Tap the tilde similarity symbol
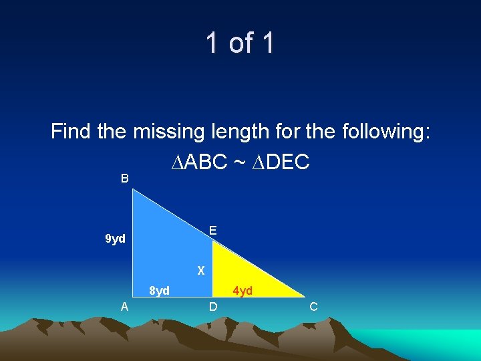(238, 162)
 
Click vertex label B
(124, 178)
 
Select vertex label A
(124, 307)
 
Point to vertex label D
(212, 307)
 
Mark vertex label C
(313, 307)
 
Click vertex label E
(212, 231)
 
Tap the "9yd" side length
(116, 239)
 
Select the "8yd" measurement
(159, 291)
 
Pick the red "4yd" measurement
(242, 291)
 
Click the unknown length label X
(200, 271)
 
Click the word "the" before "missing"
(111, 131)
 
